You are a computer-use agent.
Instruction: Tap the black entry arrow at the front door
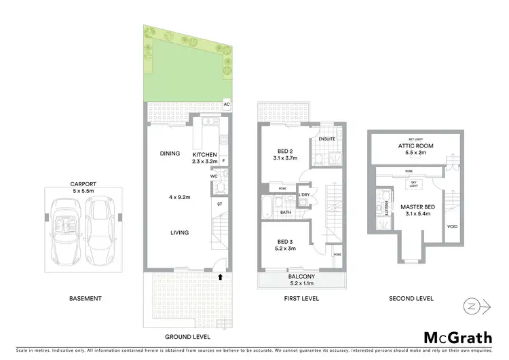220,276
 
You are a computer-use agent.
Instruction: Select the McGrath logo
458,338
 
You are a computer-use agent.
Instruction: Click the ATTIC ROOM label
415,146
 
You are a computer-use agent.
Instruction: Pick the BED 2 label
285,151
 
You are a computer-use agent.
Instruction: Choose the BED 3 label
285,242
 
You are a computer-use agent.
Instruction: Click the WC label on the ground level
213,176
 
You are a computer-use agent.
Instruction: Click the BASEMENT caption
86,299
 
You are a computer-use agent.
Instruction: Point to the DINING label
170,154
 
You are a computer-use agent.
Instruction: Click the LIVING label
179,233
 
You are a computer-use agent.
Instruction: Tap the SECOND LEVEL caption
411,299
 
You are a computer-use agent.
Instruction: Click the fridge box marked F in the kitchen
223,161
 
